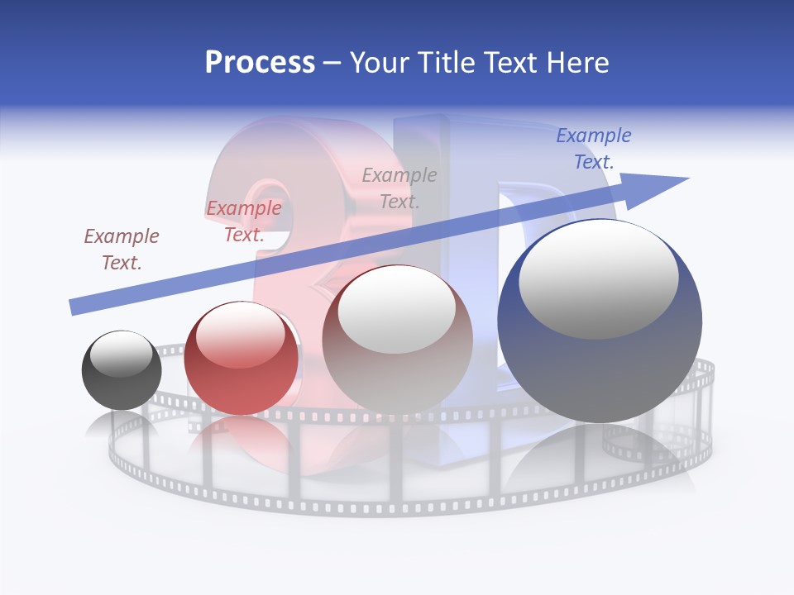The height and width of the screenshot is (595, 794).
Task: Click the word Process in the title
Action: (260, 63)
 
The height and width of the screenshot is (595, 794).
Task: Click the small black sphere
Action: (122, 371)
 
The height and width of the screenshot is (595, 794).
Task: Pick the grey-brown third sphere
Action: (397, 339)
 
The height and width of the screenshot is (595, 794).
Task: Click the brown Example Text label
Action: (122, 250)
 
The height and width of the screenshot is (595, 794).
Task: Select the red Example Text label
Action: (244, 221)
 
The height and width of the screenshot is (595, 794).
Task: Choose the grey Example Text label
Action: (399, 188)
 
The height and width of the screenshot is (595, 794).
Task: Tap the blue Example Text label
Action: (594, 148)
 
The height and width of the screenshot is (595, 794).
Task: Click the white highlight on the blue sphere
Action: (598, 279)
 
